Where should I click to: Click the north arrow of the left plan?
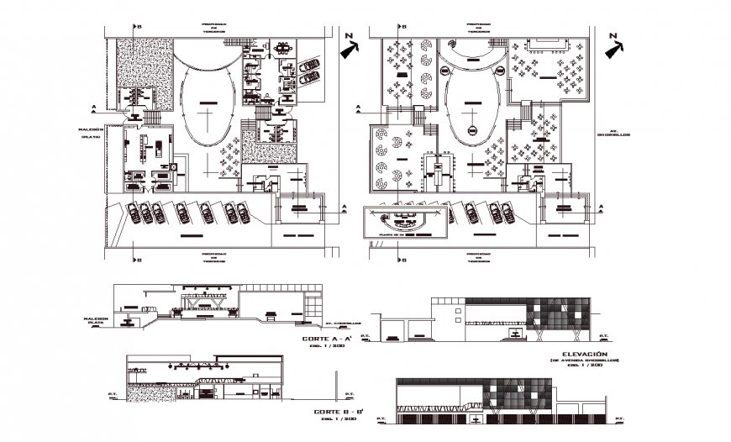tap(348, 45)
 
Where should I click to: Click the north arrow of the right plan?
tap(615, 45)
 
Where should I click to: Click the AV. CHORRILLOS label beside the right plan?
tap(607, 133)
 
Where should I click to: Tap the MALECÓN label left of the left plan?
tap(90, 129)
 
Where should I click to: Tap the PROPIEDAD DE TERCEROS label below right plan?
tap(478, 257)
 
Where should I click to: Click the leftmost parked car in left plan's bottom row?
tap(133, 213)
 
